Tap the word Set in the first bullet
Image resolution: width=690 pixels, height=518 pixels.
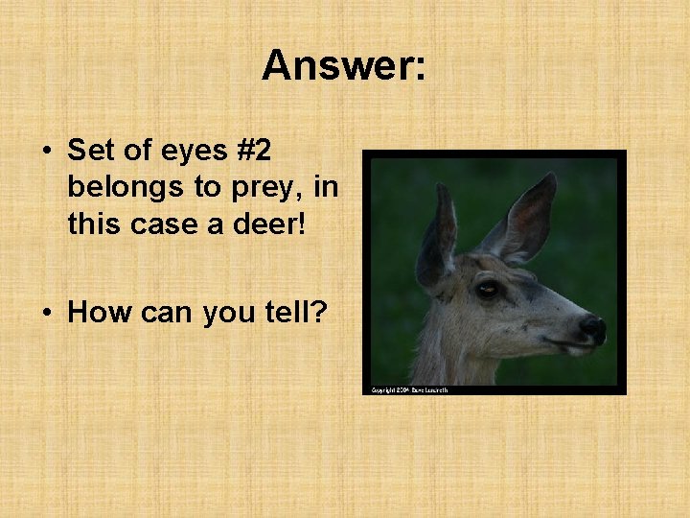tap(93, 152)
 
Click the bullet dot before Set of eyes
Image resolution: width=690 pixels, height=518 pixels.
tap(45, 153)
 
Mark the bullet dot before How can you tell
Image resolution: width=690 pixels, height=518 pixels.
tap(45, 313)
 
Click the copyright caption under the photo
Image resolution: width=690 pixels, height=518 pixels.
tap(409, 390)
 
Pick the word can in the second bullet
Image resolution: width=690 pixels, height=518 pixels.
tap(164, 314)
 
